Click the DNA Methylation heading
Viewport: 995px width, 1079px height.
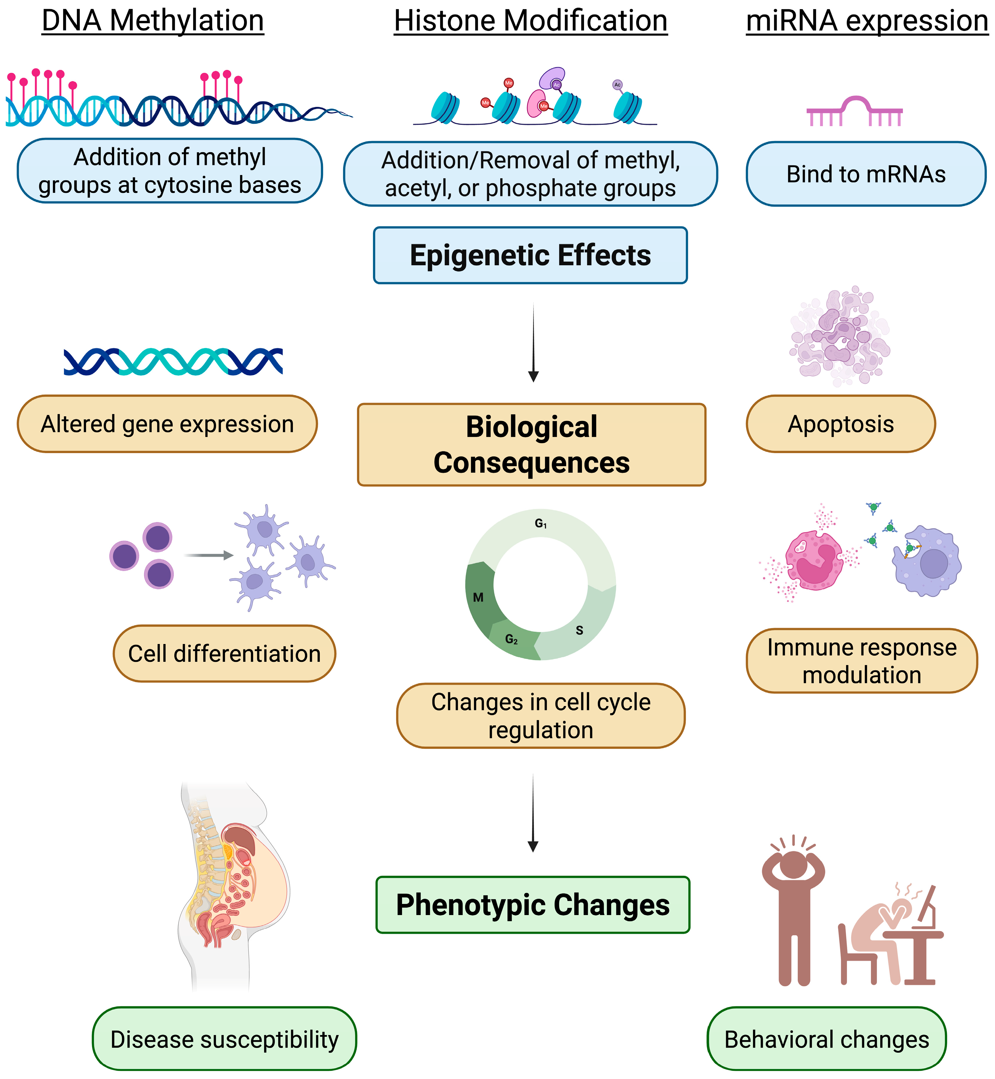pyautogui.click(x=153, y=22)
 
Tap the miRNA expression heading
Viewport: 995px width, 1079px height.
pyautogui.click(x=867, y=22)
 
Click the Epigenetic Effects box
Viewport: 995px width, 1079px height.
pyautogui.click(x=530, y=255)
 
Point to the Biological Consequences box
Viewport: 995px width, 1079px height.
pyautogui.click(x=531, y=444)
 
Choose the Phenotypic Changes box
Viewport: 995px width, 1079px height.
pyautogui.click(x=532, y=905)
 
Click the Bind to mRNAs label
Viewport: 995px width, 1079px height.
pyautogui.click(x=866, y=174)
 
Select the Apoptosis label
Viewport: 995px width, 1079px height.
pyautogui.click(x=841, y=424)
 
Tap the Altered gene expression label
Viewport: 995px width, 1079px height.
pyautogui.click(x=167, y=424)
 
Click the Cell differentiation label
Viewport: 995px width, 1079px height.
pyautogui.click(x=224, y=653)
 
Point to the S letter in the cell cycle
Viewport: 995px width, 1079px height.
pyautogui.click(x=579, y=630)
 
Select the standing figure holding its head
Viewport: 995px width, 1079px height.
pyautogui.click(x=793, y=910)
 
